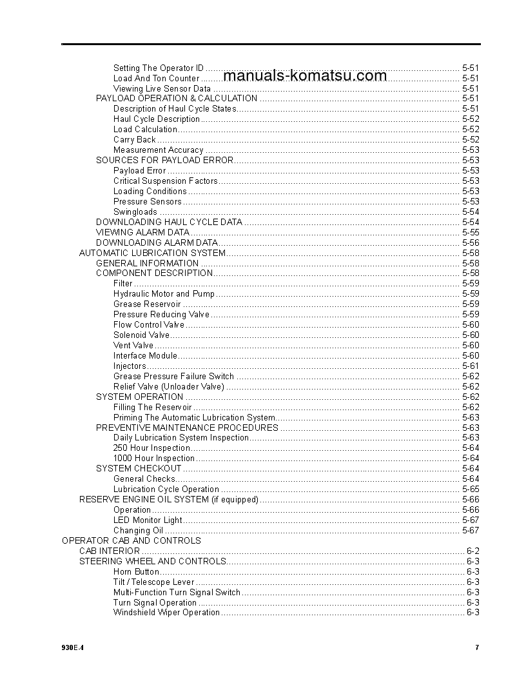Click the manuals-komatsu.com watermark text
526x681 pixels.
(305, 76)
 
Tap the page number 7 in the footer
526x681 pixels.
(477, 647)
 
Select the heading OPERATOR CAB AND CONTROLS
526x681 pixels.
(131, 540)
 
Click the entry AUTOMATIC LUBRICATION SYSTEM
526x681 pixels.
(152, 253)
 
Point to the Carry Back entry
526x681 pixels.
(135, 139)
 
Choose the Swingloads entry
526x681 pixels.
(135, 212)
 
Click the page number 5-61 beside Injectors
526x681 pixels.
(471, 366)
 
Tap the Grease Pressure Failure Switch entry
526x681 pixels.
(174, 376)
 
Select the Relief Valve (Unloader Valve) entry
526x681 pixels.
(169, 386)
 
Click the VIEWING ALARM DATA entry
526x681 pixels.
(142, 232)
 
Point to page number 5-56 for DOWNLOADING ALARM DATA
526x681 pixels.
(471, 242)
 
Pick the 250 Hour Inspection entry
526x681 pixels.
(152, 448)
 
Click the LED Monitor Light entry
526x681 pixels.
(148, 520)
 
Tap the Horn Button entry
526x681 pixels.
(136, 571)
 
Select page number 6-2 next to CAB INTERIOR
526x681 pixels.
(472, 551)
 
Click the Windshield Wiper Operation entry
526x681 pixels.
(167, 612)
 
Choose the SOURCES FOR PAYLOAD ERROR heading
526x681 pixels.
(164, 160)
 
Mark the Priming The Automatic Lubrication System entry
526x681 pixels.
(194, 417)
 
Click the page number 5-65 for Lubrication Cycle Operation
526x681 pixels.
(471, 489)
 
